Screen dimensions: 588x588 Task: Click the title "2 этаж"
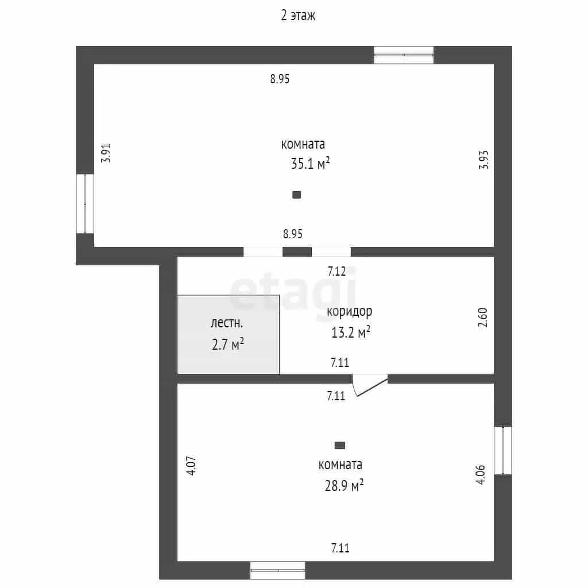(x=298, y=16)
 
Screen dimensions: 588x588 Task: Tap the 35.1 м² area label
(x=311, y=164)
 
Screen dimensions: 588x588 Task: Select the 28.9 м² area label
(x=345, y=486)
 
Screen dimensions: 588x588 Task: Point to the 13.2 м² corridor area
(x=351, y=332)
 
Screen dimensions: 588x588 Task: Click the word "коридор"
(x=350, y=312)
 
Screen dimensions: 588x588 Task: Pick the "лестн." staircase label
(x=227, y=323)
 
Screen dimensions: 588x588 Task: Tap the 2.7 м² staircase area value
(x=228, y=344)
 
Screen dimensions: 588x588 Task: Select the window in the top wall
(x=404, y=55)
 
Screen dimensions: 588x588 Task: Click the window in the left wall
(x=85, y=204)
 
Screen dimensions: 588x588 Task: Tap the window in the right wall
(x=503, y=450)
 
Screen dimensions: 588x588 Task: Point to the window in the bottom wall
(x=278, y=570)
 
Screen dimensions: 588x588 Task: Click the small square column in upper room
(x=297, y=195)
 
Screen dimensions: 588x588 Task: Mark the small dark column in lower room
(x=340, y=446)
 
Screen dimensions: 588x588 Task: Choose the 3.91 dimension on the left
(x=106, y=153)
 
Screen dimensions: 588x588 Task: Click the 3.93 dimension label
(x=483, y=160)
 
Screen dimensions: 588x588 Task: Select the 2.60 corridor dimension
(x=482, y=318)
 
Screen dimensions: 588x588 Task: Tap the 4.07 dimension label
(x=191, y=466)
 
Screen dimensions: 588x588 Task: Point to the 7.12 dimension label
(x=336, y=271)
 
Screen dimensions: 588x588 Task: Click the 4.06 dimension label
(x=481, y=475)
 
